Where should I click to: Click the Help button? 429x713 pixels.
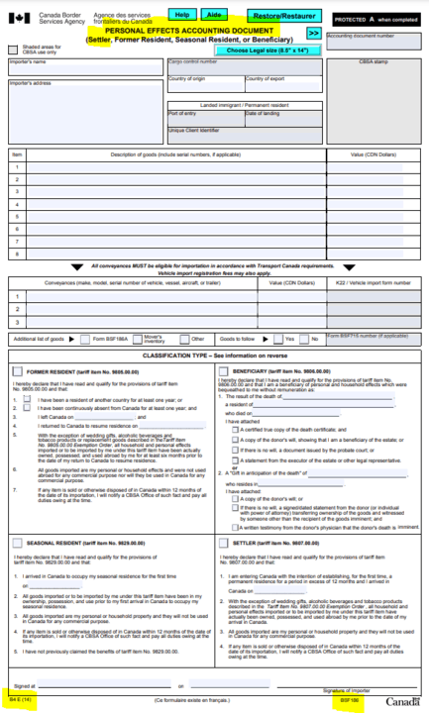(181, 16)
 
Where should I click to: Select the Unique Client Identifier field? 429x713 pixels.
(244, 138)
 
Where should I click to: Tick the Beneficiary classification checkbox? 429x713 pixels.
(223, 371)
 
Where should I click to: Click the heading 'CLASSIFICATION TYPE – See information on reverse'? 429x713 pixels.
(214, 355)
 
